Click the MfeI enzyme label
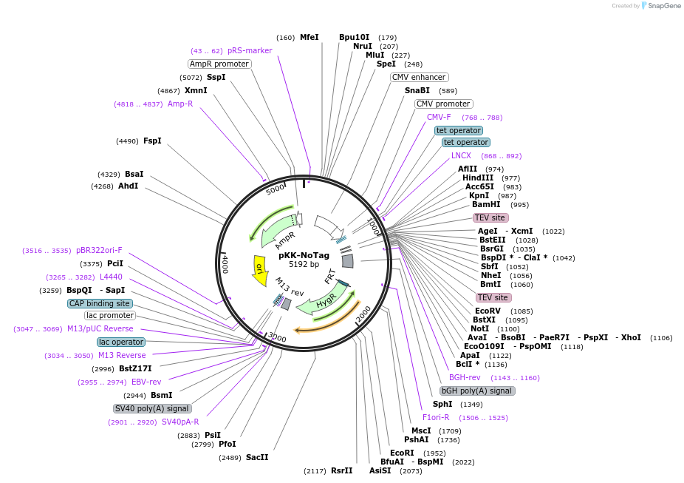click(309, 37)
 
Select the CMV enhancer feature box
click(419, 77)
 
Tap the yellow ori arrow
click(260, 270)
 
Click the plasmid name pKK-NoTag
click(304, 255)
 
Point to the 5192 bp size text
click(304, 264)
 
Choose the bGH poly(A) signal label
click(476, 391)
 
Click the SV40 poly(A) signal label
click(152, 408)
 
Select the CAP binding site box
click(100, 303)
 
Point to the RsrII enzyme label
click(341, 470)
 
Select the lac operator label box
click(121, 342)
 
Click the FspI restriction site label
click(152, 141)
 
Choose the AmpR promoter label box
click(219, 64)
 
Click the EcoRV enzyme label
click(488, 311)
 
